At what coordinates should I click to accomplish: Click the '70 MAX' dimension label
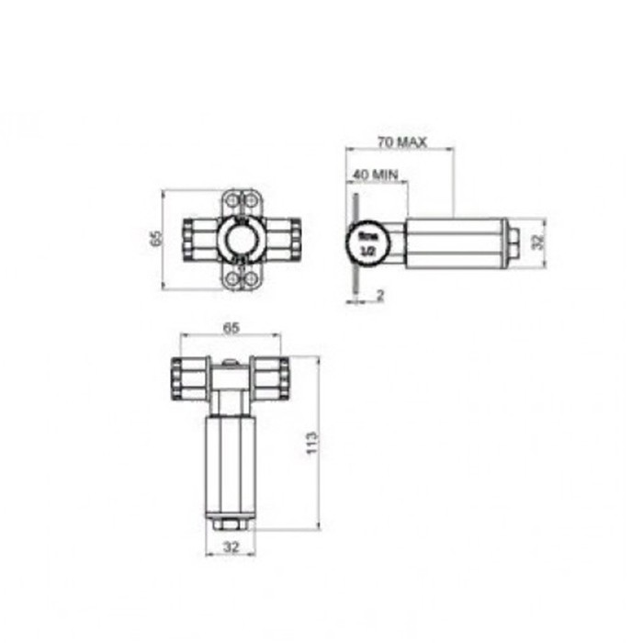401,142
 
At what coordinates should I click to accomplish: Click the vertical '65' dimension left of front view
156,239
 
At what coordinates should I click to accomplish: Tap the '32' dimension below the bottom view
231,547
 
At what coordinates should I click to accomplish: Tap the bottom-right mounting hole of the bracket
252,280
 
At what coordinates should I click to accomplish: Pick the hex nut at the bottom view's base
230,525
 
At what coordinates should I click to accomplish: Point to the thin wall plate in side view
354,243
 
